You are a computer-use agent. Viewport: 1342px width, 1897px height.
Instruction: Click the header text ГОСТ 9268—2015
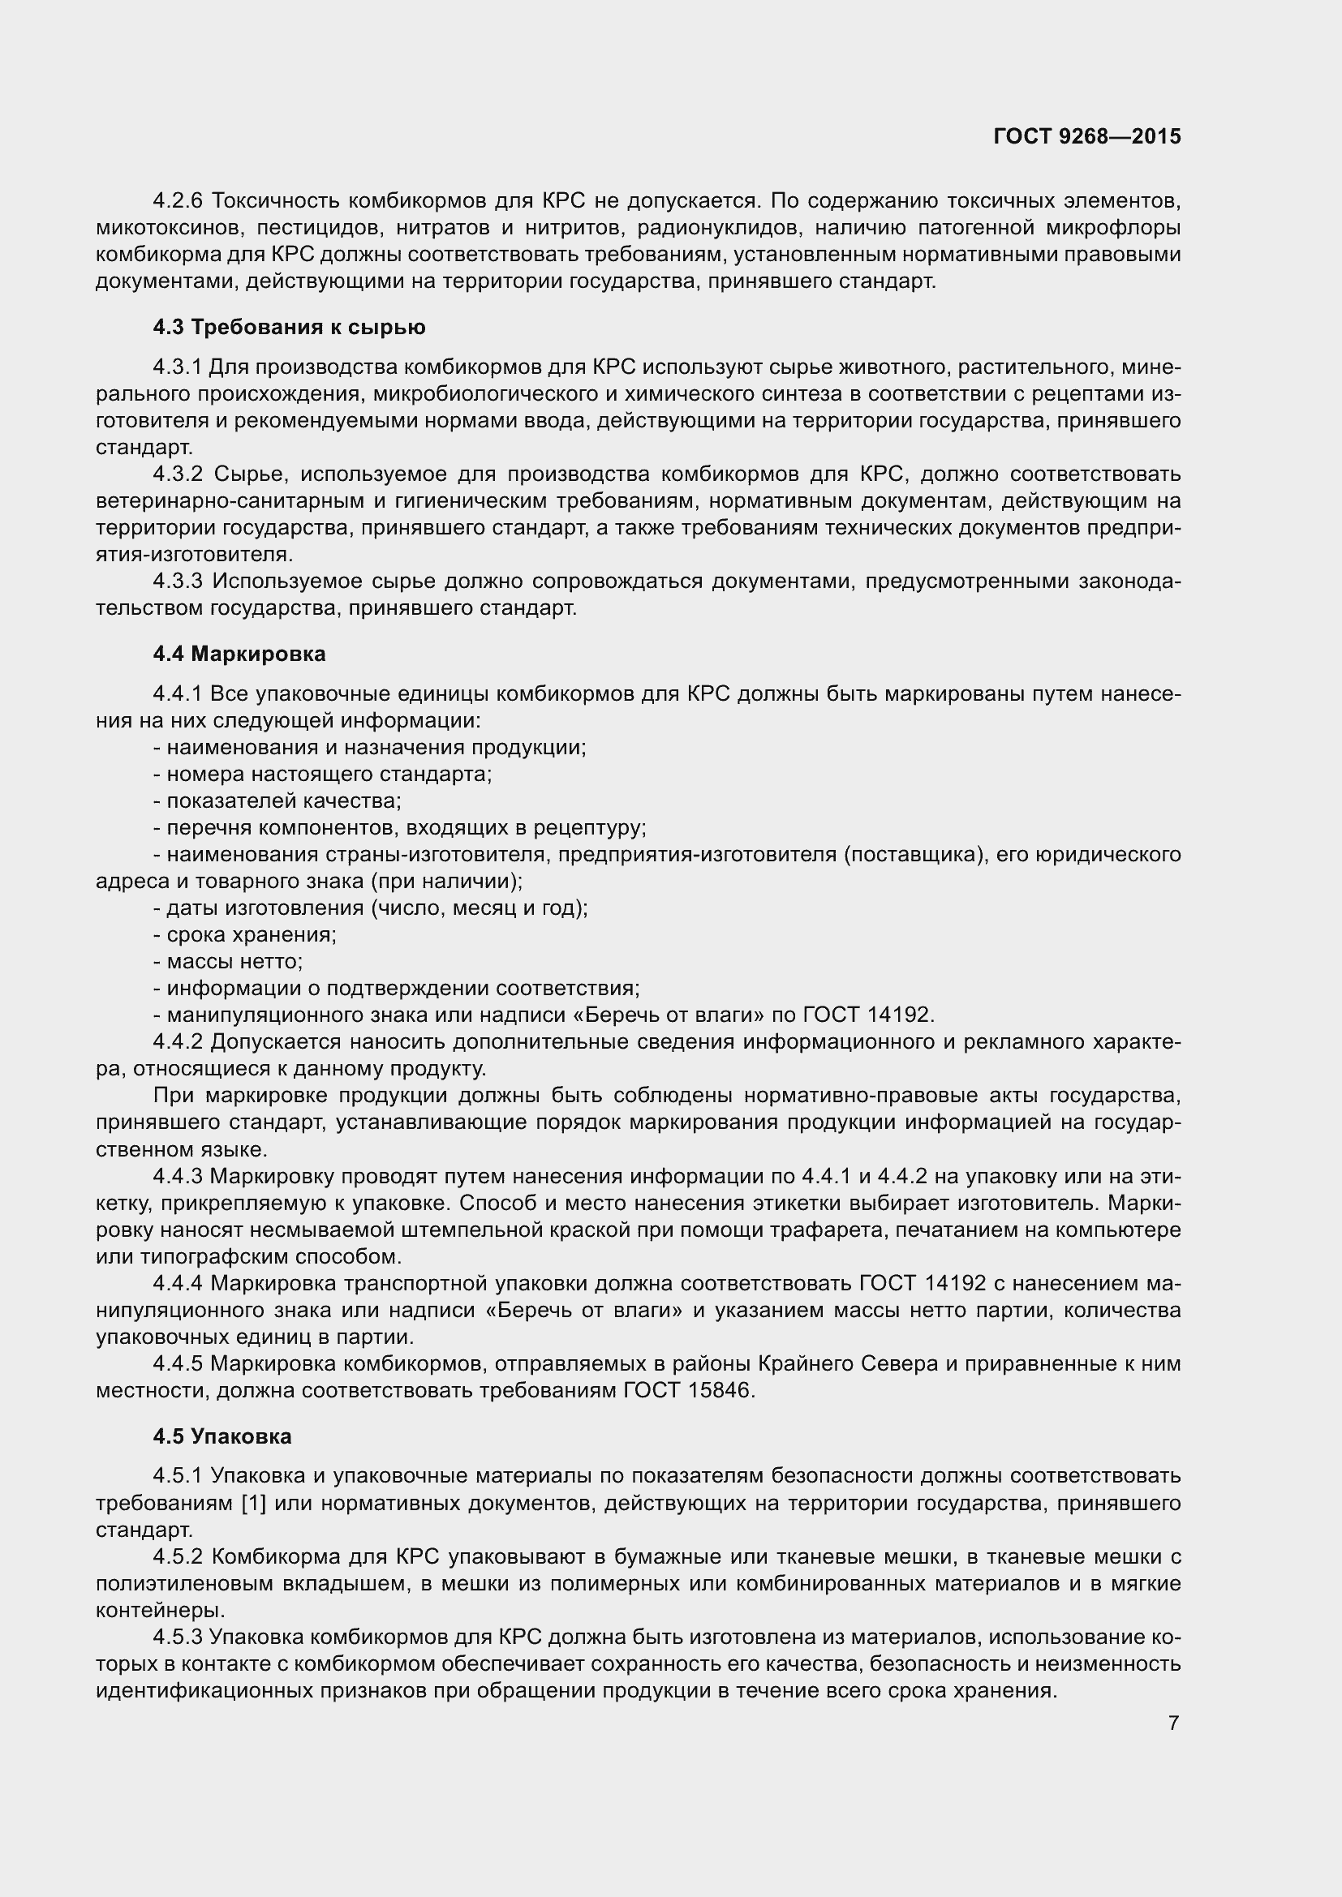pos(1086,136)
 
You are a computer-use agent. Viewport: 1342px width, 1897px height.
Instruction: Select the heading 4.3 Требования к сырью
pos(289,328)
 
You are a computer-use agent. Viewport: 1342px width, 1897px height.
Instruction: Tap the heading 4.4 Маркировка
pos(239,655)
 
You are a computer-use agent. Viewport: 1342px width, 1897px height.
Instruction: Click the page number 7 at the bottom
pos(1173,1723)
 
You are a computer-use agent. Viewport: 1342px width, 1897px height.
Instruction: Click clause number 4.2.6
pos(178,201)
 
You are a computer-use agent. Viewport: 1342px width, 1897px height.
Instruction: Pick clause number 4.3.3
pos(178,582)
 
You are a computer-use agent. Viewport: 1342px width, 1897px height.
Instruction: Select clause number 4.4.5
pos(178,1363)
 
